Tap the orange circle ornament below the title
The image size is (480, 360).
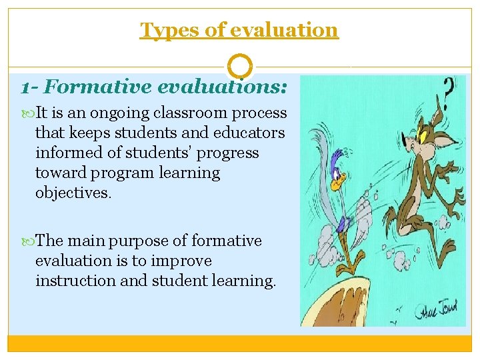(240, 67)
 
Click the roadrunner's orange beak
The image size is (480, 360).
(342, 179)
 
